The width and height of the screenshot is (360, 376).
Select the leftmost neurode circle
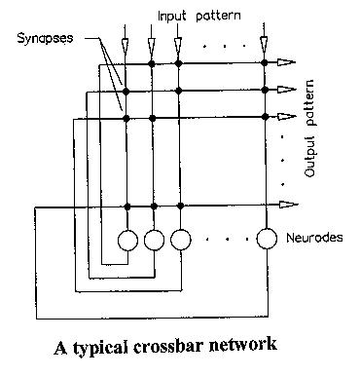point(128,239)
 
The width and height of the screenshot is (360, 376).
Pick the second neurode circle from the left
point(154,239)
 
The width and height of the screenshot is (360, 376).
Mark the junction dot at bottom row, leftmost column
point(128,205)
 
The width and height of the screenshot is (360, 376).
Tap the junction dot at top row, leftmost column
point(128,64)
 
